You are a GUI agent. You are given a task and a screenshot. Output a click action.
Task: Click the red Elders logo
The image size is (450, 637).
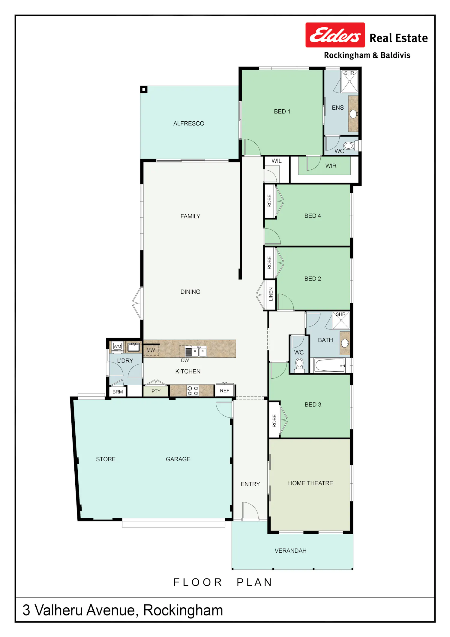pos(335,35)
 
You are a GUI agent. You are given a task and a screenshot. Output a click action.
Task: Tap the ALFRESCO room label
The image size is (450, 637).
pos(189,123)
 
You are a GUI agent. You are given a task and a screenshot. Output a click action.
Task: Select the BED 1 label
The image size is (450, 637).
pos(282,111)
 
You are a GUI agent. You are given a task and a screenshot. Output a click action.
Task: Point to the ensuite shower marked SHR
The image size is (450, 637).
pos(349,81)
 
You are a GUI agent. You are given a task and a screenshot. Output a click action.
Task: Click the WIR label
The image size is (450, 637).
pos(331,166)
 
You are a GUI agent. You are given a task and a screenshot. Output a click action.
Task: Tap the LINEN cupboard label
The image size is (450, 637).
pos(271,294)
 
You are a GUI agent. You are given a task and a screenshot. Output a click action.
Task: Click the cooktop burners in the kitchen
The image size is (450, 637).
pos(193,391)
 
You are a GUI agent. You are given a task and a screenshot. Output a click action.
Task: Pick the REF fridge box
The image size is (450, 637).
pos(225,390)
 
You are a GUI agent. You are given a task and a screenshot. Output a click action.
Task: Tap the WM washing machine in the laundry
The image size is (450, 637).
pos(117,347)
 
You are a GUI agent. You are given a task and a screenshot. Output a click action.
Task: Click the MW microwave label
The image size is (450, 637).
pos(151,350)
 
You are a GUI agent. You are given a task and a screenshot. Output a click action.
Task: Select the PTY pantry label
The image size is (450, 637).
pos(156,391)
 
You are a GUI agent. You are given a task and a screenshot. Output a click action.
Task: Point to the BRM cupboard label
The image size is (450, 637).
pos(118,392)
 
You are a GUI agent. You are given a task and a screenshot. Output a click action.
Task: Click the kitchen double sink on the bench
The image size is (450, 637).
pos(199,351)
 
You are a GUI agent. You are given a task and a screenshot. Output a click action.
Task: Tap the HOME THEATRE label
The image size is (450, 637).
pos(310,483)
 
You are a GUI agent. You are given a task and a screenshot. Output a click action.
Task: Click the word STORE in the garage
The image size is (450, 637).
pos(106,459)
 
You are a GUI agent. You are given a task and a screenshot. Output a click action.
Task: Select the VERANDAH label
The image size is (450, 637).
pos(290,551)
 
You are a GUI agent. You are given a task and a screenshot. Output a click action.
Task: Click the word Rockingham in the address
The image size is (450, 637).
pos(183,610)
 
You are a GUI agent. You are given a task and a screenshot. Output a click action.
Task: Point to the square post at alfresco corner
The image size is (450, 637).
pos(144,89)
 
